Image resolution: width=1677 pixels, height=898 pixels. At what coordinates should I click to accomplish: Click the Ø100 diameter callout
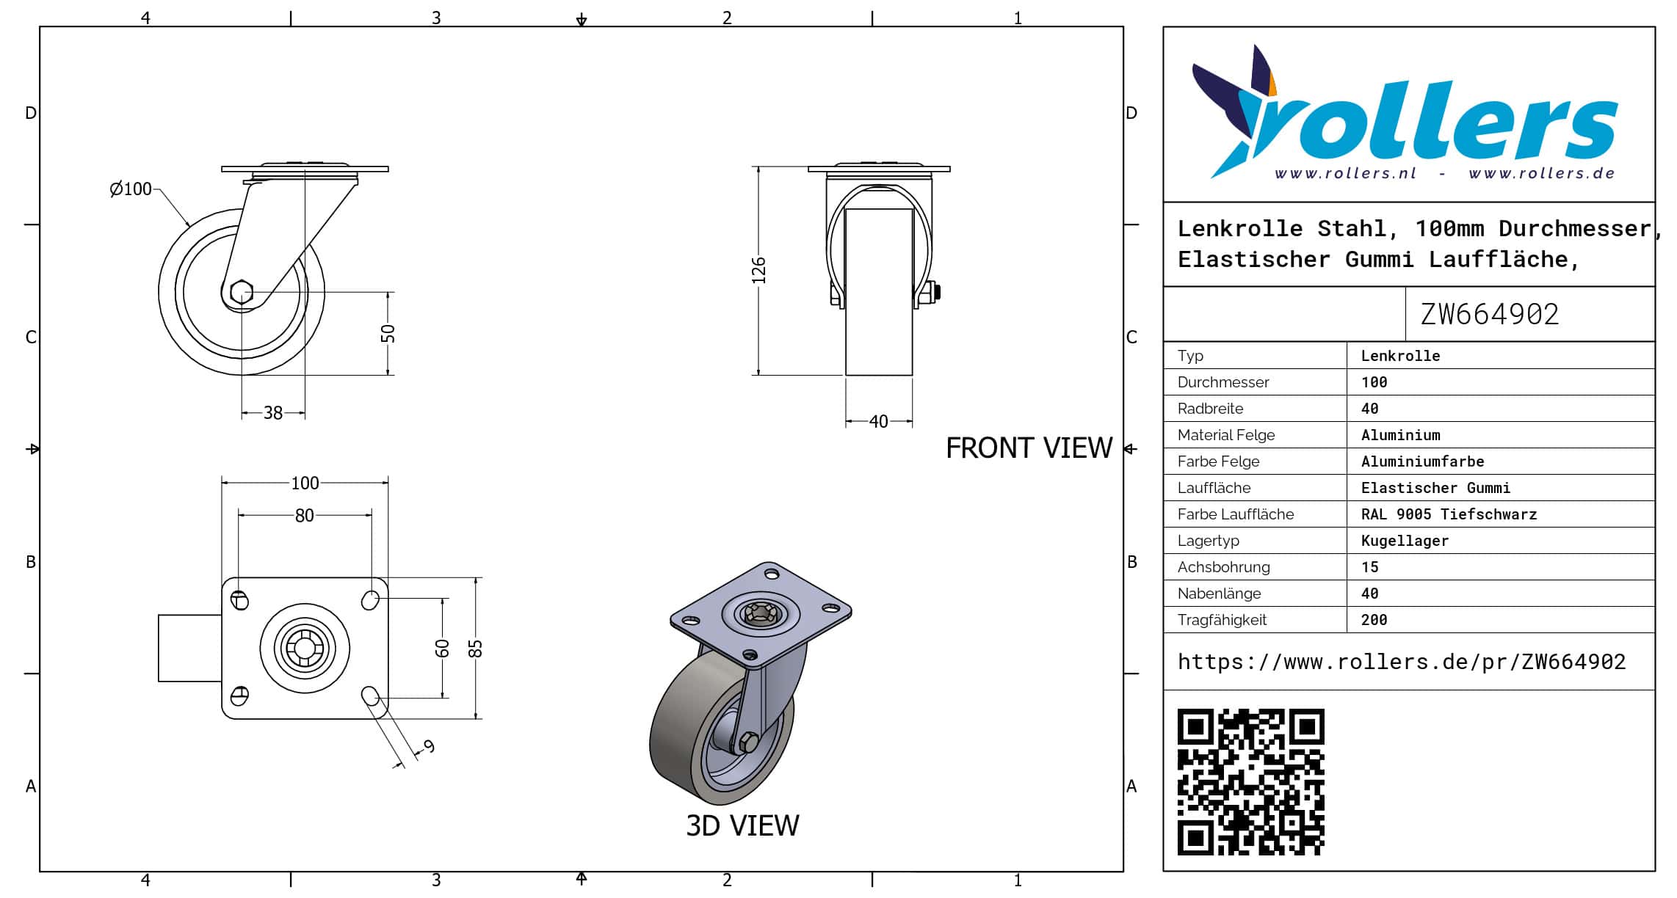pos(131,189)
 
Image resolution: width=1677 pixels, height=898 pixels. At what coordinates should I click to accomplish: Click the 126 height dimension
pos(759,270)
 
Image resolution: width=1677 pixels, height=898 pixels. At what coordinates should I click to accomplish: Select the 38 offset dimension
pos(273,413)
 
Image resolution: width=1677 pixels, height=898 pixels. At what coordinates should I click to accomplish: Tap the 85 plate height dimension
pos(476,649)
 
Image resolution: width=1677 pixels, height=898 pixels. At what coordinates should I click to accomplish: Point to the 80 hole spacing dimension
pos(304,516)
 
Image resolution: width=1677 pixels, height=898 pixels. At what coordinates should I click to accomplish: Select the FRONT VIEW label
pos(1029,448)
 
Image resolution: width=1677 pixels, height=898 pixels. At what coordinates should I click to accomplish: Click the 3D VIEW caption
pos(742,826)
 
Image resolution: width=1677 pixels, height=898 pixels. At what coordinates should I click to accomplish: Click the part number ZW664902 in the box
pos(1489,315)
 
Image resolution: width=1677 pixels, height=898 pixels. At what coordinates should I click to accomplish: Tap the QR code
pos(1250,781)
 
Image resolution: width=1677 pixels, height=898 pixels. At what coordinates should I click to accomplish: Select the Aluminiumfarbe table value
pos(1422,461)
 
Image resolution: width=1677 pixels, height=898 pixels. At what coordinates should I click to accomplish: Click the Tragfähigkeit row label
pos(1222,620)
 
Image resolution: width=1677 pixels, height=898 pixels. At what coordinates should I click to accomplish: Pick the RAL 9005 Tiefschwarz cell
pos(1449,514)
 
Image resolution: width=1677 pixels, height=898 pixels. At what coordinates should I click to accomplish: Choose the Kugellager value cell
pos(1405,541)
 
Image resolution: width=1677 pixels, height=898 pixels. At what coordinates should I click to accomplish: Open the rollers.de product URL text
pos(1401,662)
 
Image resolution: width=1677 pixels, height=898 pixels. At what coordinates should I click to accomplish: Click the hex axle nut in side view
pos(242,292)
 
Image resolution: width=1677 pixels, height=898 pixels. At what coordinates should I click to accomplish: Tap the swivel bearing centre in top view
pos(305,649)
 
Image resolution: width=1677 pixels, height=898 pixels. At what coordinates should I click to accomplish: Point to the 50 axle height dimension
pos(388,333)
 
